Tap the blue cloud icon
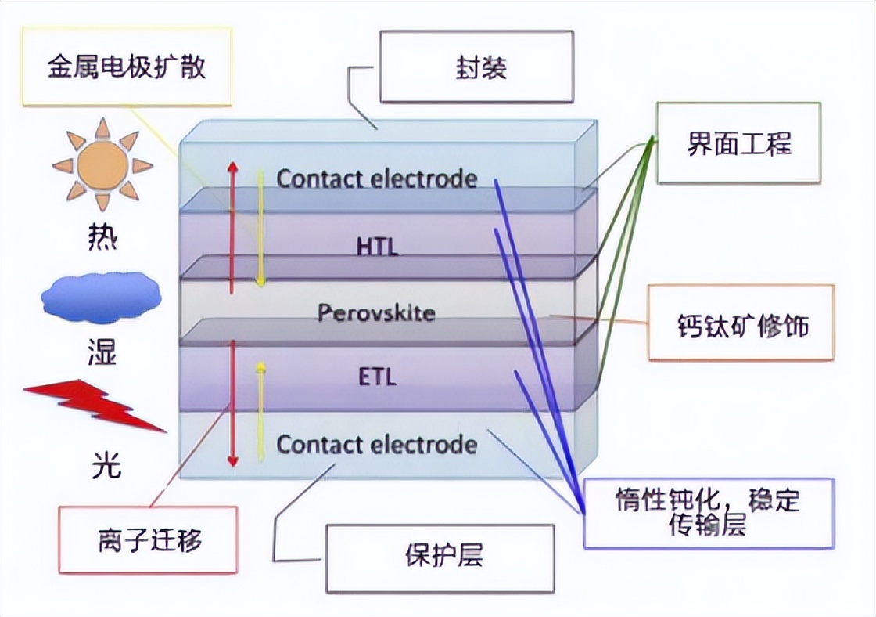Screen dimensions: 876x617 [x=101, y=298]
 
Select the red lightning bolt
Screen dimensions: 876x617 [x=94, y=406]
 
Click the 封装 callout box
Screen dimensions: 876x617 [x=476, y=67]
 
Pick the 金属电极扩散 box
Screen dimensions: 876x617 [x=127, y=66]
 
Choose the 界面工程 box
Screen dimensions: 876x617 [x=738, y=143]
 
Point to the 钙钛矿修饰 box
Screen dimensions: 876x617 [x=741, y=323]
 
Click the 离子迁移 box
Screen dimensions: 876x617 [x=148, y=539]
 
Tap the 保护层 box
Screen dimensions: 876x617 [x=440, y=557]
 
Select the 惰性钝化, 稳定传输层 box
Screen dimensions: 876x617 [x=709, y=514]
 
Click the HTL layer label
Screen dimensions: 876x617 [x=378, y=247]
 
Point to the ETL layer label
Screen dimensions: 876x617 [x=378, y=377]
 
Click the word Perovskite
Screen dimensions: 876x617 [x=376, y=312]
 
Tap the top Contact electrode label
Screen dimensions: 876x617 [x=377, y=179]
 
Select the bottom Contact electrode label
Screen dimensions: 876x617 [x=377, y=445]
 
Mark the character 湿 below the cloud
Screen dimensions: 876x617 [x=102, y=352]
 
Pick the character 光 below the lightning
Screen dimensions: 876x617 [x=106, y=464]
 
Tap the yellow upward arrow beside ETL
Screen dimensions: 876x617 [x=260, y=411]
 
